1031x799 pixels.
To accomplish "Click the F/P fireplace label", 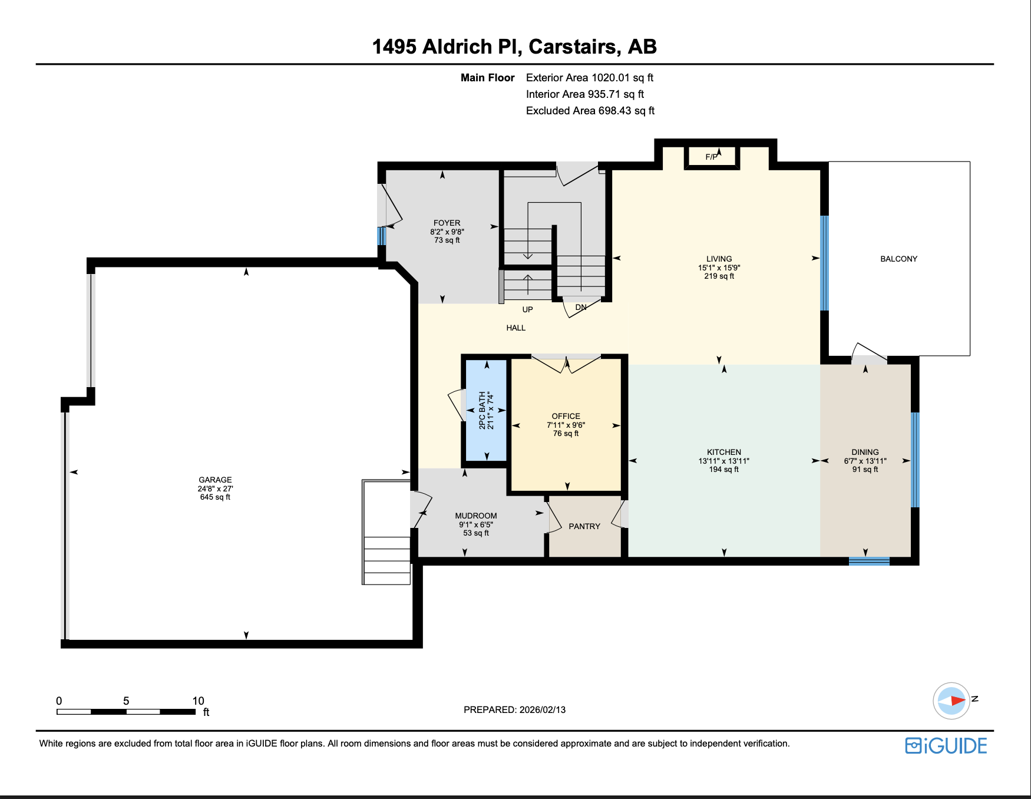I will click(x=711, y=157).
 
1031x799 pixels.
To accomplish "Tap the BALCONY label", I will click(x=898, y=259).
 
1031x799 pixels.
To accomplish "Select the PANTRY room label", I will click(x=584, y=526).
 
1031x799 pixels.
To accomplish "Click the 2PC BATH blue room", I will click(x=486, y=410).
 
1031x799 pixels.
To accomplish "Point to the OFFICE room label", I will click(x=566, y=416).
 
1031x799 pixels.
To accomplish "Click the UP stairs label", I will click(x=527, y=309).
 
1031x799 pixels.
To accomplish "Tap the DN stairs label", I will click(x=581, y=307).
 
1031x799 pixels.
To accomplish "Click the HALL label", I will click(x=515, y=328).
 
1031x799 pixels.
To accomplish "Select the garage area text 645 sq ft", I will click(x=215, y=497).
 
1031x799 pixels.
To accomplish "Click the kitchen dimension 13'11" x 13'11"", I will click(x=723, y=461).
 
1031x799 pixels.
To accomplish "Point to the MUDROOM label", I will click(x=475, y=516).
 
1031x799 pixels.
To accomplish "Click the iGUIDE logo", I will click(x=946, y=745).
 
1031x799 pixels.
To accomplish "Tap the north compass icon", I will click(x=951, y=701).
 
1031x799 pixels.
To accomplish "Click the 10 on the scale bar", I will click(x=198, y=701).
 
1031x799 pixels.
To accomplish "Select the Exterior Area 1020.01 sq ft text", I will click(x=589, y=78).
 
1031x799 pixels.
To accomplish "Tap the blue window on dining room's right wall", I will click(x=915, y=460).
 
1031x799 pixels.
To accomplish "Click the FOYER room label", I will click(x=447, y=223).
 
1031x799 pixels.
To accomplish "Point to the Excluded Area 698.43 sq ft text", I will click(x=590, y=111).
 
